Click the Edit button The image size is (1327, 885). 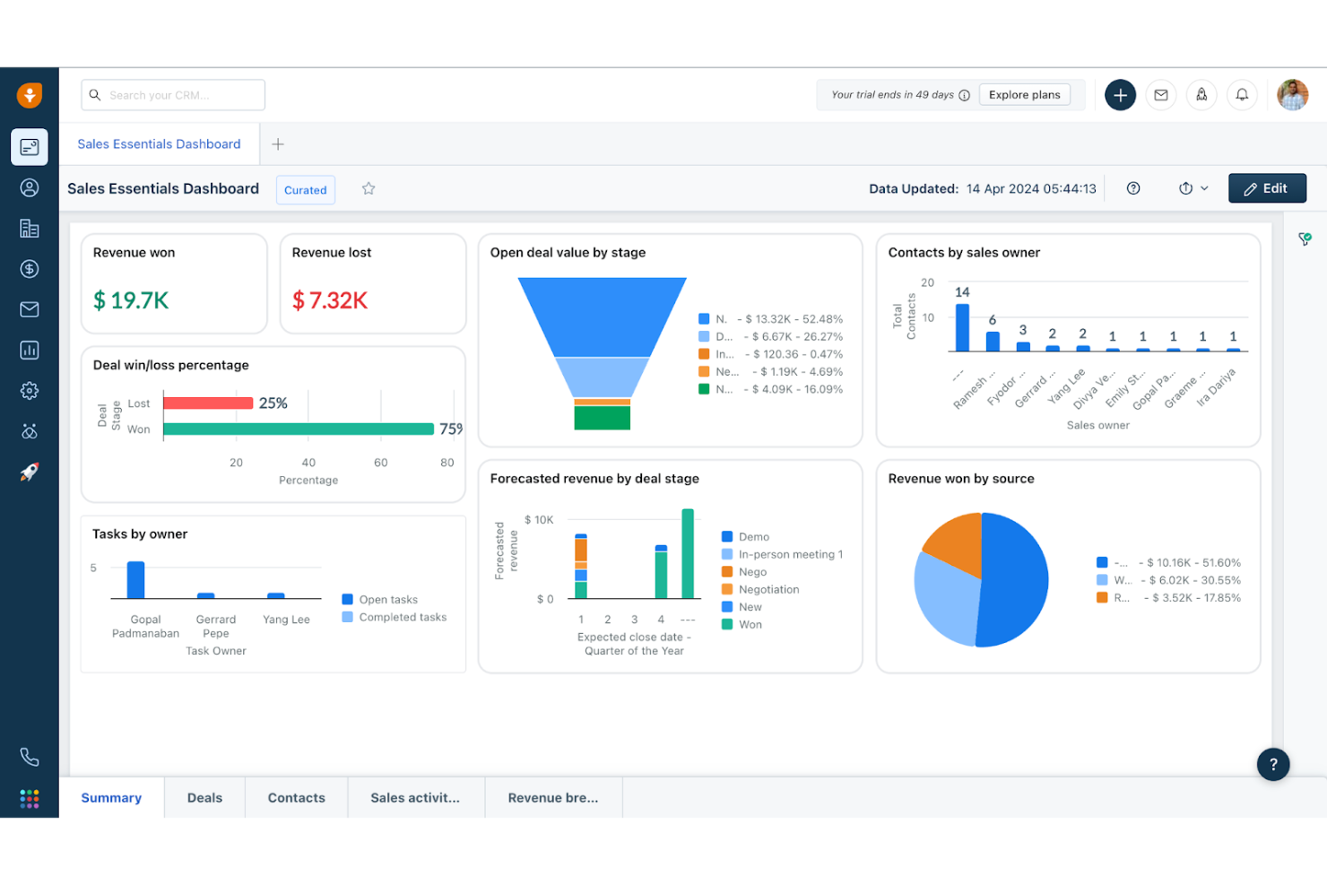1266,188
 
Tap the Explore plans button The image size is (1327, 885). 1024,95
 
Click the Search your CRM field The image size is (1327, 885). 173,95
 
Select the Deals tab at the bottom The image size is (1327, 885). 204,797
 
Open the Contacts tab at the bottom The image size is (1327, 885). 296,797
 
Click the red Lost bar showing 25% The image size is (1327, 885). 208,403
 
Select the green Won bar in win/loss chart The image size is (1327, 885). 298,429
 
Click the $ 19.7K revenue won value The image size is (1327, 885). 131,300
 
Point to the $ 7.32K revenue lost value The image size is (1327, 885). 330,300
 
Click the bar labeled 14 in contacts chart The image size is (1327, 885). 962,327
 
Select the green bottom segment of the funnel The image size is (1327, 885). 602,418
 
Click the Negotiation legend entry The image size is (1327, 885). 768,589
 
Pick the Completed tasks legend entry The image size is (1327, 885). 402,617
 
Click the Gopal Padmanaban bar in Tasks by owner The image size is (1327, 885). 135,580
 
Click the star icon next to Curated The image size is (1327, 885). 369,188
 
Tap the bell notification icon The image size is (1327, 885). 1242,95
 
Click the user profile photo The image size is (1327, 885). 1292,95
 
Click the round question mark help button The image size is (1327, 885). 1272,764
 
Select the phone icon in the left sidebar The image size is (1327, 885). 30,757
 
